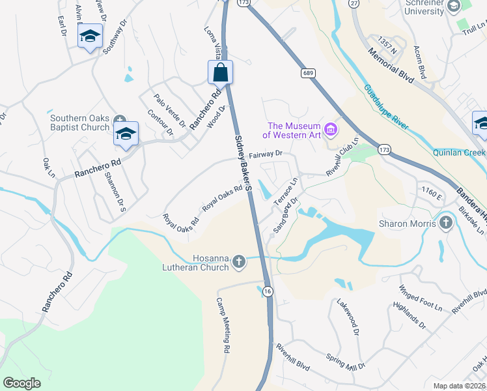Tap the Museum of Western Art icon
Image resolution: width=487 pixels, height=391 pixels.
(x=331, y=130)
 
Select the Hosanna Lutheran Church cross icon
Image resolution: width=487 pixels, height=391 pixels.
(x=238, y=262)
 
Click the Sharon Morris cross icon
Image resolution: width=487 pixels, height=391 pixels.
(x=446, y=223)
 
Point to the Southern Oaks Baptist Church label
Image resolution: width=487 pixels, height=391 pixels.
(x=80, y=123)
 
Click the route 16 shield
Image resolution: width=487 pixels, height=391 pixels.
(x=268, y=292)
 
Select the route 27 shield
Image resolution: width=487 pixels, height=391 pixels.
(x=354, y=3)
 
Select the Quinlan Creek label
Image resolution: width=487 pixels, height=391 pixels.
(x=459, y=153)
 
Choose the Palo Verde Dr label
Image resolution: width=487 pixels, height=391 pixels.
(x=170, y=110)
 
